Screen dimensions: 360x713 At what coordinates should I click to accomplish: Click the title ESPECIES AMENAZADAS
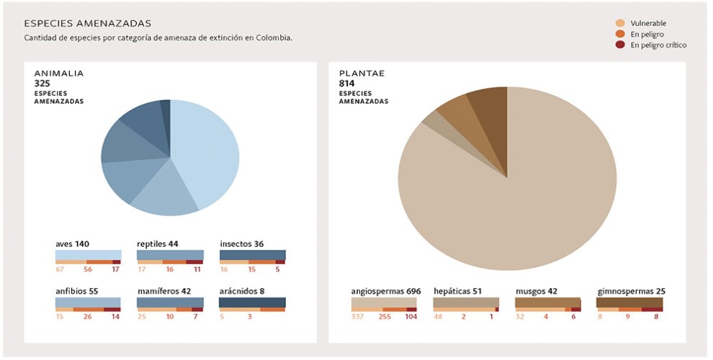(x=87, y=24)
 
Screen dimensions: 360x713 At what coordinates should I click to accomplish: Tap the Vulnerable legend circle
(x=619, y=23)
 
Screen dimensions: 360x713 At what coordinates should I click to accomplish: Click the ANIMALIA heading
(x=59, y=73)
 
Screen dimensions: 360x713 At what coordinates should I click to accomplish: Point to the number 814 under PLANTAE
(x=346, y=84)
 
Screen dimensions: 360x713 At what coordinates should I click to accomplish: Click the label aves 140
(x=72, y=244)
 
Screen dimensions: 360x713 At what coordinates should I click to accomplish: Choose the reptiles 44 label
(x=158, y=244)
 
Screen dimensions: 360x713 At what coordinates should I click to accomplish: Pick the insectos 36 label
(x=242, y=244)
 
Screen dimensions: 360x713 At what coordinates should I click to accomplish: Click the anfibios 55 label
(x=76, y=292)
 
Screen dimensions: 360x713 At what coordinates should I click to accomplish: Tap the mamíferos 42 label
(x=164, y=292)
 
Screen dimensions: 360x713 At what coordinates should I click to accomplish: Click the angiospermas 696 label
(x=385, y=292)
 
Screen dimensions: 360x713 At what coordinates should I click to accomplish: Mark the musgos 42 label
(x=537, y=292)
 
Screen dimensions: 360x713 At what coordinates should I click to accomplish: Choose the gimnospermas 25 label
(x=631, y=292)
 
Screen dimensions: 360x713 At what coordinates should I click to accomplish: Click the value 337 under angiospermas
(x=358, y=316)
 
